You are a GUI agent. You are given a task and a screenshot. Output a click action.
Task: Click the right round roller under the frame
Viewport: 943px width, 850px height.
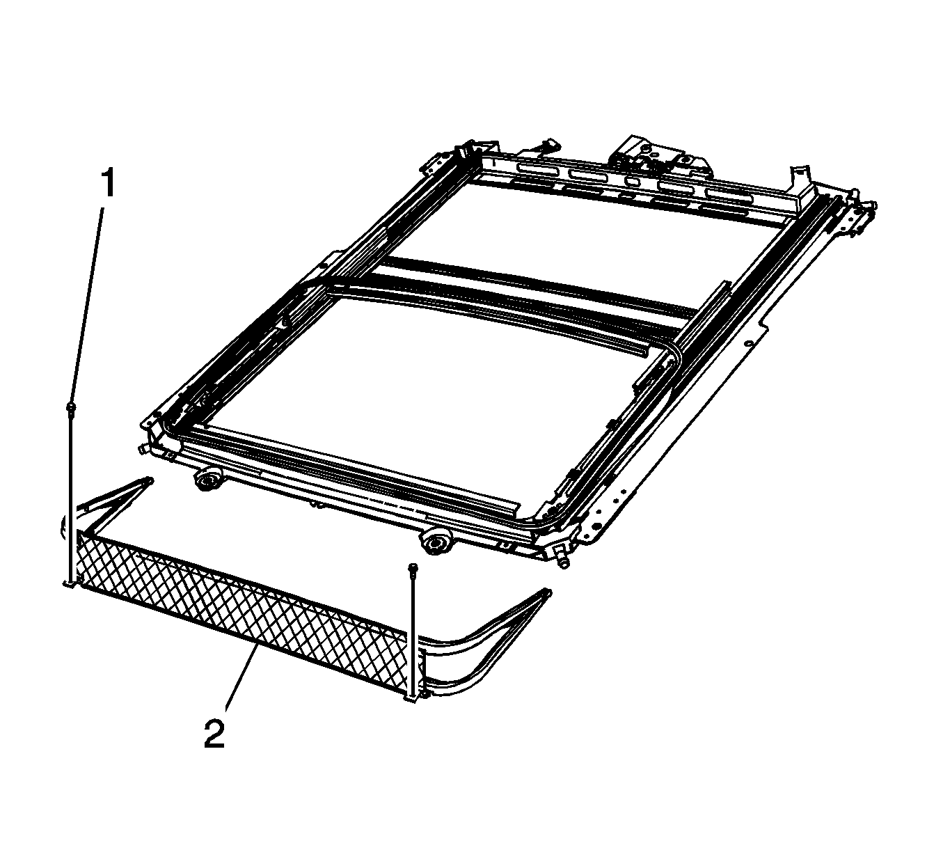coord(434,543)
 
